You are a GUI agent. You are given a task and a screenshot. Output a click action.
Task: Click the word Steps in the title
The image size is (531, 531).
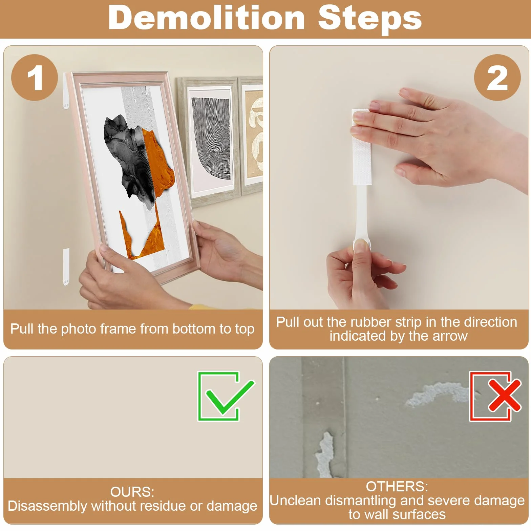point(370,19)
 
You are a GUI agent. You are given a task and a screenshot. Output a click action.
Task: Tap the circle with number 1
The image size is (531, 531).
point(35,78)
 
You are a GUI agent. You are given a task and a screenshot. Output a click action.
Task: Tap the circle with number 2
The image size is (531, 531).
point(497,78)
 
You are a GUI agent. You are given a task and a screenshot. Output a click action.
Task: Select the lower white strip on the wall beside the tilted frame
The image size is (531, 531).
point(66,267)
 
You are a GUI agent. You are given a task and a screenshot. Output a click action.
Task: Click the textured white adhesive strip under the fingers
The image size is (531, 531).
point(362,148)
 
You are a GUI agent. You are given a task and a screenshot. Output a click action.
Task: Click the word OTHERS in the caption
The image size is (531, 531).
point(397,487)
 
